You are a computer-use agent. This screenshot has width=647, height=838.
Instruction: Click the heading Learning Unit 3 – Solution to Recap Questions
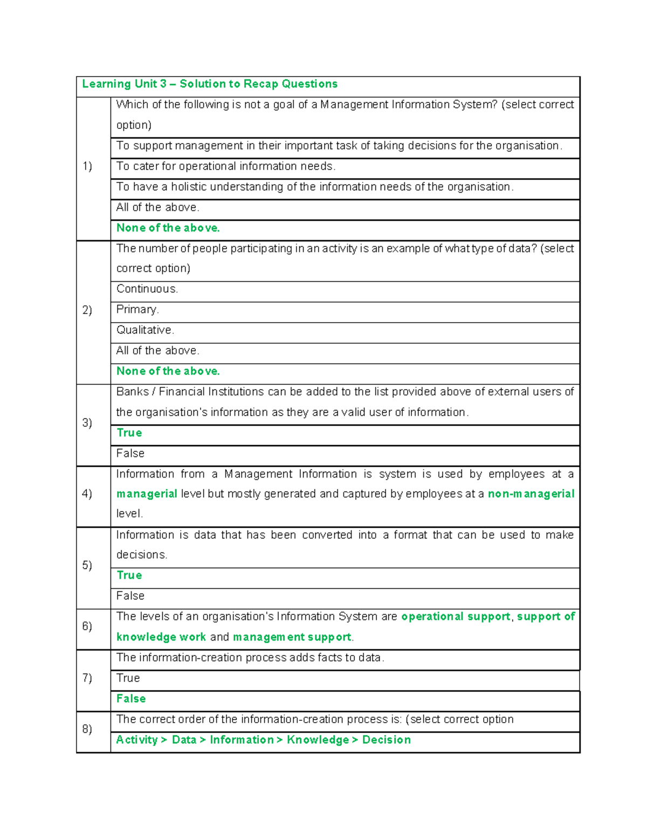click(x=210, y=84)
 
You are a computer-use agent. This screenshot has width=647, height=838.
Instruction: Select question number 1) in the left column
click(x=87, y=166)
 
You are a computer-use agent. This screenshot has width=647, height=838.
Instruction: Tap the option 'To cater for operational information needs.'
click(x=226, y=166)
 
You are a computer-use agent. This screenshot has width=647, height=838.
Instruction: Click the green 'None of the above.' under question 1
click(x=168, y=228)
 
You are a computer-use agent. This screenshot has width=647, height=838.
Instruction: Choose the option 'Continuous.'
click(x=147, y=289)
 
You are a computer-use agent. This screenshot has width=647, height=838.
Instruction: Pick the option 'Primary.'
click(x=137, y=309)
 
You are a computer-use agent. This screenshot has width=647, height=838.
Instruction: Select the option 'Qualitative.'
click(x=145, y=330)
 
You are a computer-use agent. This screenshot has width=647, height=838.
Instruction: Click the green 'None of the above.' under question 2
click(x=168, y=371)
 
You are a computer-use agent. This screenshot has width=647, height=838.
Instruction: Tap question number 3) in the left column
click(x=87, y=423)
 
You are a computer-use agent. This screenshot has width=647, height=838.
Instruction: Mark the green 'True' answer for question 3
click(x=129, y=433)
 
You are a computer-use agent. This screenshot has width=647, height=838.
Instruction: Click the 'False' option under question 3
click(x=130, y=453)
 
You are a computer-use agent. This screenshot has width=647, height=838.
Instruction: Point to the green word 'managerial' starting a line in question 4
click(x=147, y=494)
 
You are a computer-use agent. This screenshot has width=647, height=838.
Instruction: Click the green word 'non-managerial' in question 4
click(x=531, y=494)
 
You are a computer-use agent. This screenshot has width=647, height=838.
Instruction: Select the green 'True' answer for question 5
click(x=129, y=575)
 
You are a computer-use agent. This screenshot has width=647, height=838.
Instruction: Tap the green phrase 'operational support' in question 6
click(x=456, y=616)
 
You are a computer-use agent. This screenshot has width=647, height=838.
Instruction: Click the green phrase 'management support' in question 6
click(x=292, y=637)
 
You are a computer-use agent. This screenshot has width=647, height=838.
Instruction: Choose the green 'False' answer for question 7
click(x=131, y=699)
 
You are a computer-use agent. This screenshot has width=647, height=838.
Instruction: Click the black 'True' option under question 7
click(x=128, y=678)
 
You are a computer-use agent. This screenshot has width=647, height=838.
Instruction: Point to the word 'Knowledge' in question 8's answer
click(x=318, y=740)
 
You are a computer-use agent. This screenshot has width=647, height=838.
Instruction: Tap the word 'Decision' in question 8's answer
click(x=386, y=740)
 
